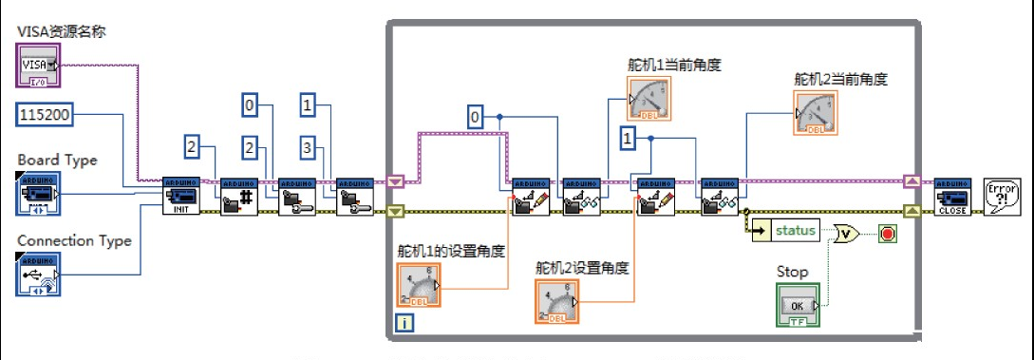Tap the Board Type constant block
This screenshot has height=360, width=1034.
coord(39,191)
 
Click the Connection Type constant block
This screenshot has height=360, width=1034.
coord(39,273)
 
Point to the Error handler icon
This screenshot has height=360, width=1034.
coord(1002,196)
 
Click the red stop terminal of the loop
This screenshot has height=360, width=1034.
coord(887,231)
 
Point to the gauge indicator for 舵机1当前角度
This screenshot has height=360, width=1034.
coord(649,99)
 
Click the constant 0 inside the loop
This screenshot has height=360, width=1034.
coord(477,117)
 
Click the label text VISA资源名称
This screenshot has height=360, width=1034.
coord(61,31)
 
